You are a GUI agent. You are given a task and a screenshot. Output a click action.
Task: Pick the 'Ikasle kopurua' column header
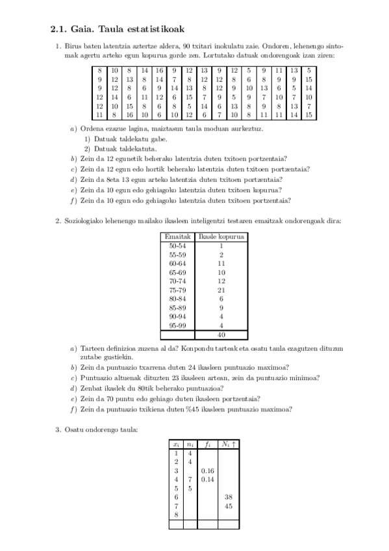(221, 237)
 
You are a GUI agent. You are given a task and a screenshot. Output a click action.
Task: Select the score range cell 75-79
(177, 290)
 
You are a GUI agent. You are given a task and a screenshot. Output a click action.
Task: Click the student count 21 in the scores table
(221, 290)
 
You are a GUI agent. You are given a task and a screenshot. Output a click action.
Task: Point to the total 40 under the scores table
(221, 335)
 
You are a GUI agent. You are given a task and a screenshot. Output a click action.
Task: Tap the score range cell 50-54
(177, 246)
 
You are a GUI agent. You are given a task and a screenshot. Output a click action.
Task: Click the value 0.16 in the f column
(208, 470)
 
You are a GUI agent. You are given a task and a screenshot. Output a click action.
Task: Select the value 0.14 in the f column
(208, 480)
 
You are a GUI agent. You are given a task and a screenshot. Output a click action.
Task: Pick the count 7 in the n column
(190, 480)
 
